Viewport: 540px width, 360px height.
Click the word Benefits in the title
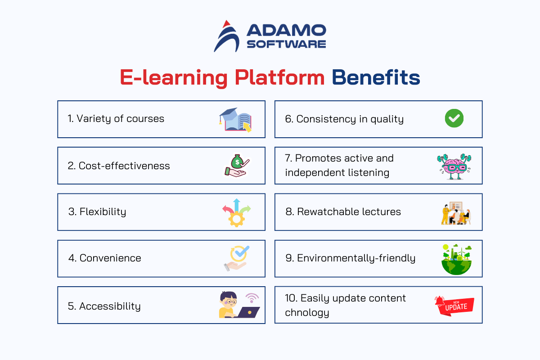coord(376,77)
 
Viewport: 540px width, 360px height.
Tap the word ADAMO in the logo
coord(286,30)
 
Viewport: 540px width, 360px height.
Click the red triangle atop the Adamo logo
coord(226,24)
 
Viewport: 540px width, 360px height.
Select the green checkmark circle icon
coord(454,118)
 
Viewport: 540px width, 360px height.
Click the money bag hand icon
coord(236,166)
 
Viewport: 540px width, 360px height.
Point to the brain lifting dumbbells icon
coord(454,166)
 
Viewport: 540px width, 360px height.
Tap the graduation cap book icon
coord(235,120)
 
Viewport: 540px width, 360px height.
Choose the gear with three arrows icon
coord(237,213)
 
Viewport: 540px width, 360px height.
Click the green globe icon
coord(456,260)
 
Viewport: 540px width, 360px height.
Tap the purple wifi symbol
coord(252,298)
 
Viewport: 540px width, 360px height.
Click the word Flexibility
coord(103,212)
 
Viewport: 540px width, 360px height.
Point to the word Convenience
coord(110,258)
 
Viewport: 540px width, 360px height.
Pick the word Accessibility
coord(110,306)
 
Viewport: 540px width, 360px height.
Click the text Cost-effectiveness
coord(124,166)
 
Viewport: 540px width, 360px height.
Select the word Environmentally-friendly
coord(356,258)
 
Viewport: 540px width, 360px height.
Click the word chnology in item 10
coord(307,313)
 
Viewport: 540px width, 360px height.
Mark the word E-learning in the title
coord(174,78)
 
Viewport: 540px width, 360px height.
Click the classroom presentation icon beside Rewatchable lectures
coord(456,213)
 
